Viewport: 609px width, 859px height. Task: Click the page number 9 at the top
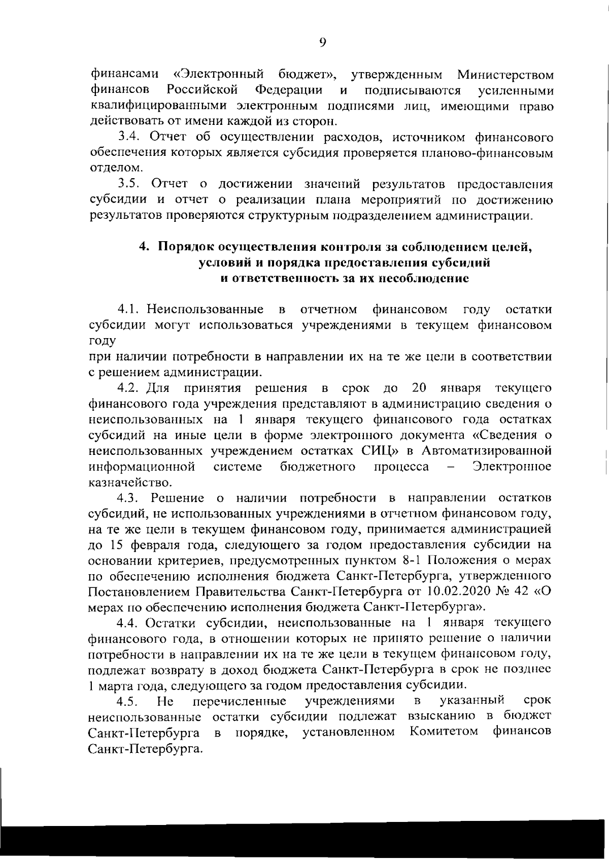(x=323, y=42)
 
